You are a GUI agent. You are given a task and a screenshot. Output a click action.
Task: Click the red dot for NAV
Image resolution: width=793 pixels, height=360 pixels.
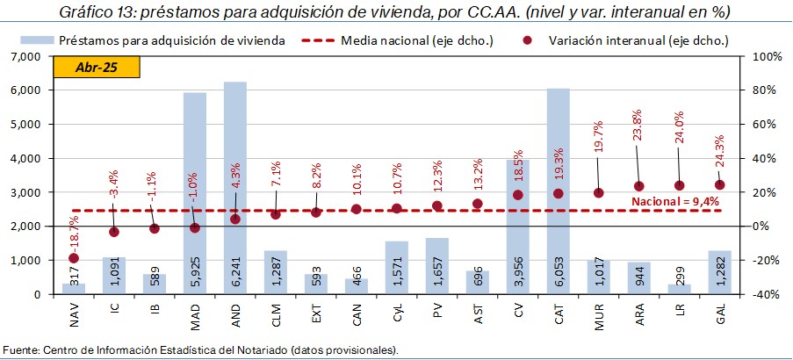pyautogui.click(x=74, y=258)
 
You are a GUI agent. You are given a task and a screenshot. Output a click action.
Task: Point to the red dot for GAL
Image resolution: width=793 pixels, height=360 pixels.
pyautogui.click(x=720, y=184)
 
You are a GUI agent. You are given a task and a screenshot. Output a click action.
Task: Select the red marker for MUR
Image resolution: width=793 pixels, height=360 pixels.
pyautogui.click(x=599, y=193)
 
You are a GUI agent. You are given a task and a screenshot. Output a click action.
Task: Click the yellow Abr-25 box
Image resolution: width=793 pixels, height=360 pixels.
pyautogui.click(x=97, y=68)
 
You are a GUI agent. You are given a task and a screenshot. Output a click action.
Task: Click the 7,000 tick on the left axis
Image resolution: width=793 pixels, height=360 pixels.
pyautogui.click(x=29, y=56)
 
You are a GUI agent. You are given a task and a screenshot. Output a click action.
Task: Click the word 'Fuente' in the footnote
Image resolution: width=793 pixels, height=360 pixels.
pyautogui.click(x=21, y=350)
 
